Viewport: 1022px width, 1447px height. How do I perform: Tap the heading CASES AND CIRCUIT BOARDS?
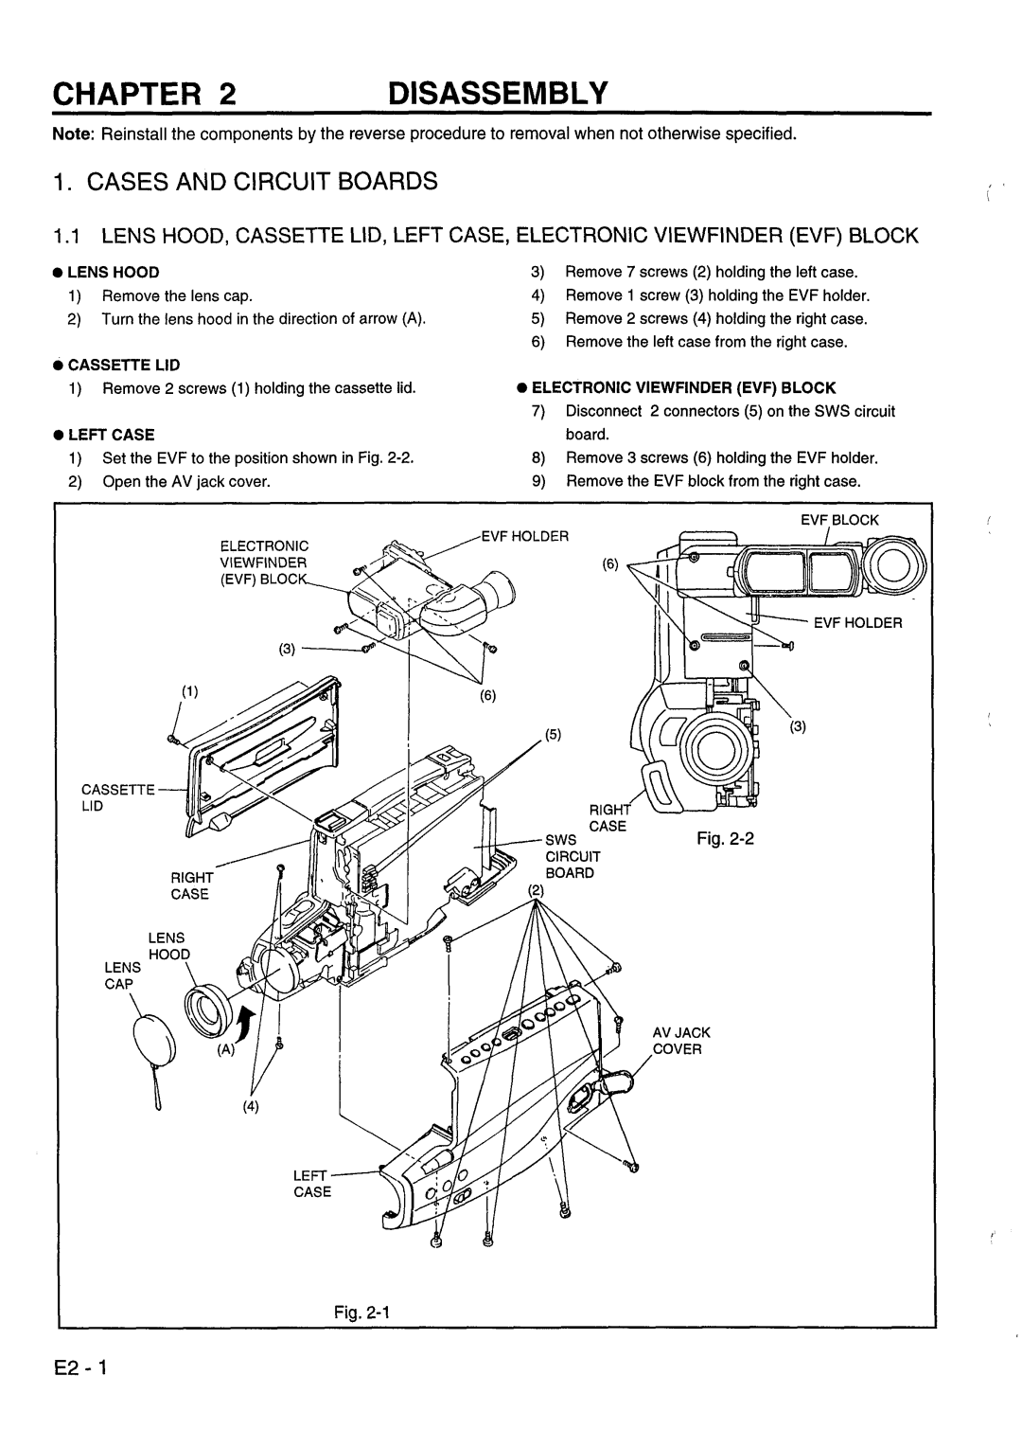[255, 182]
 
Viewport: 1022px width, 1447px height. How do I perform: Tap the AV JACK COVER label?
[679, 1040]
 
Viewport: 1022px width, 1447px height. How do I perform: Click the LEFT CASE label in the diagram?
[311, 1184]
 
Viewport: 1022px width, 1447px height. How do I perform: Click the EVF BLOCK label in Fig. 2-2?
[840, 520]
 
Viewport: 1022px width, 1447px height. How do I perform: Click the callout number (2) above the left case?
[537, 890]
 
